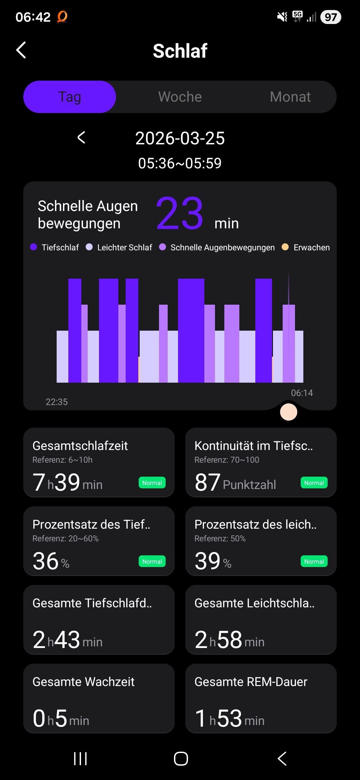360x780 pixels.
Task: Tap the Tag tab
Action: (70, 97)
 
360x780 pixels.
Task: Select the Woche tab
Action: (180, 97)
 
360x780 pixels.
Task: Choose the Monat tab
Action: (290, 97)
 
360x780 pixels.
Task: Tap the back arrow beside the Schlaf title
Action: (21, 50)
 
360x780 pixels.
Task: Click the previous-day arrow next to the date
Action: (81, 137)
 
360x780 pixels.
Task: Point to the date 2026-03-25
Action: (180, 138)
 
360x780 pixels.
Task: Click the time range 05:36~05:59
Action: (180, 163)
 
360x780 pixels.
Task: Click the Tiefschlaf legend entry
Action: (55, 247)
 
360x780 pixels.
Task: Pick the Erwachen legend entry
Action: (306, 247)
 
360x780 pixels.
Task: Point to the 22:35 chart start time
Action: (57, 402)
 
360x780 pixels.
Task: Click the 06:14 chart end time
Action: (302, 393)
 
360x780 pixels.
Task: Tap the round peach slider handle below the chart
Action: (289, 412)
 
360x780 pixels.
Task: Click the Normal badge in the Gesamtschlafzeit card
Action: (152, 483)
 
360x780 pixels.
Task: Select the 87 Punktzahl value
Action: (235, 483)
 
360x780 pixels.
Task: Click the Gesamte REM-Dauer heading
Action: (251, 682)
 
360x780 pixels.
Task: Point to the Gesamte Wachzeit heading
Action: (83, 682)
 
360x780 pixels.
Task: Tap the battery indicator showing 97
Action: (331, 17)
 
